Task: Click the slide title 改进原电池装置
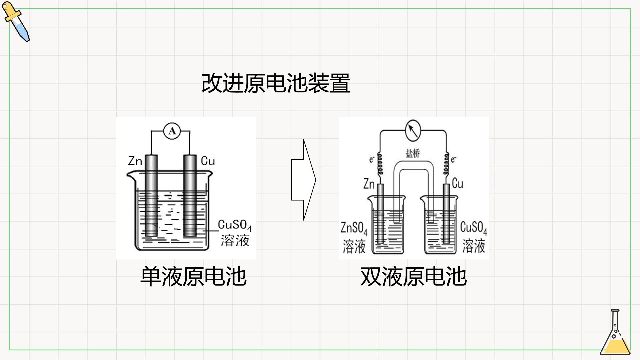point(276,83)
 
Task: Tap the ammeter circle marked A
point(172,131)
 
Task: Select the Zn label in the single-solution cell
point(135,161)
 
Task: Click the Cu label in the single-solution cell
point(208,161)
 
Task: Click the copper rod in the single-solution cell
point(190,196)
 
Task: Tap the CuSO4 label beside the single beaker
point(235,225)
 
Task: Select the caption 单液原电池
point(193,276)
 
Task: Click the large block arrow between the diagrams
point(303,180)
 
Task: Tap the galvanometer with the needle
point(413,130)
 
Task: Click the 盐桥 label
point(413,153)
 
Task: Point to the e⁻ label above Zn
point(372,159)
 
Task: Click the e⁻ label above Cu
point(454,160)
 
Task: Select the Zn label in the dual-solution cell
point(369,184)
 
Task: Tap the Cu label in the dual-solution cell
point(458,183)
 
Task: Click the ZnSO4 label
point(354,229)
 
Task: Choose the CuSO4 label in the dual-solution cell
point(474,228)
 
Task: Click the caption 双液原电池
point(413,276)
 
